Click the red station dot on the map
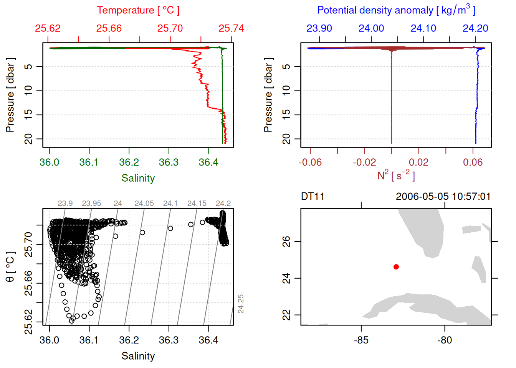pos(396,267)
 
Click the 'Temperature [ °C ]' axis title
pos(138,10)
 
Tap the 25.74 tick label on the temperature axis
pos(231,28)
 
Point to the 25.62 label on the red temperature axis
pos(48,28)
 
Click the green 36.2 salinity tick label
pos(129,162)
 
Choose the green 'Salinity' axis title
pos(138,178)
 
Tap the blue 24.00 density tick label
pos(371,28)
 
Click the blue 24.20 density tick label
pos(475,28)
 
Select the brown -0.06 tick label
pos(310,162)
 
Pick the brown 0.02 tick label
pos(418,162)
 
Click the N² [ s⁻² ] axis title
pos(396,175)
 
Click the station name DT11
pos(313,197)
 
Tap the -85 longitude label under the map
pos(361,340)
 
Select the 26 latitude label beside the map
pos(286,242)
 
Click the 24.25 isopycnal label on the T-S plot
pos(241,304)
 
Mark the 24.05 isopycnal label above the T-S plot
pos(144,203)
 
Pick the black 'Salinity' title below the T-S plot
pos(138,356)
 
